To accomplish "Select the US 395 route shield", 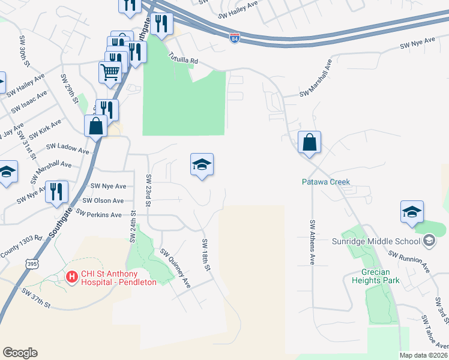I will [x=32, y=263].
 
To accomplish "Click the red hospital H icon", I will [x=71, y=277].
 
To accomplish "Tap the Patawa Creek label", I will [x=326, y=182].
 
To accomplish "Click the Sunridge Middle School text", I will [x=376, y=241].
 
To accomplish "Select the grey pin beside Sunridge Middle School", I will [x=429, y=241].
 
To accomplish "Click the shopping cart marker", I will [x=110, y=73].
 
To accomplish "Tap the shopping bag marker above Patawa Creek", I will [x=309, y=143].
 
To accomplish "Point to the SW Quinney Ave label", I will [x=175, y=269].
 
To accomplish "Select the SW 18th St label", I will [x=206, y=254].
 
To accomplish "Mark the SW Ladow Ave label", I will [x=67, y=146].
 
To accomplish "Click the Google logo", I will [x=20, y=353].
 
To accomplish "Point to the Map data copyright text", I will [x=424, y=355].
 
